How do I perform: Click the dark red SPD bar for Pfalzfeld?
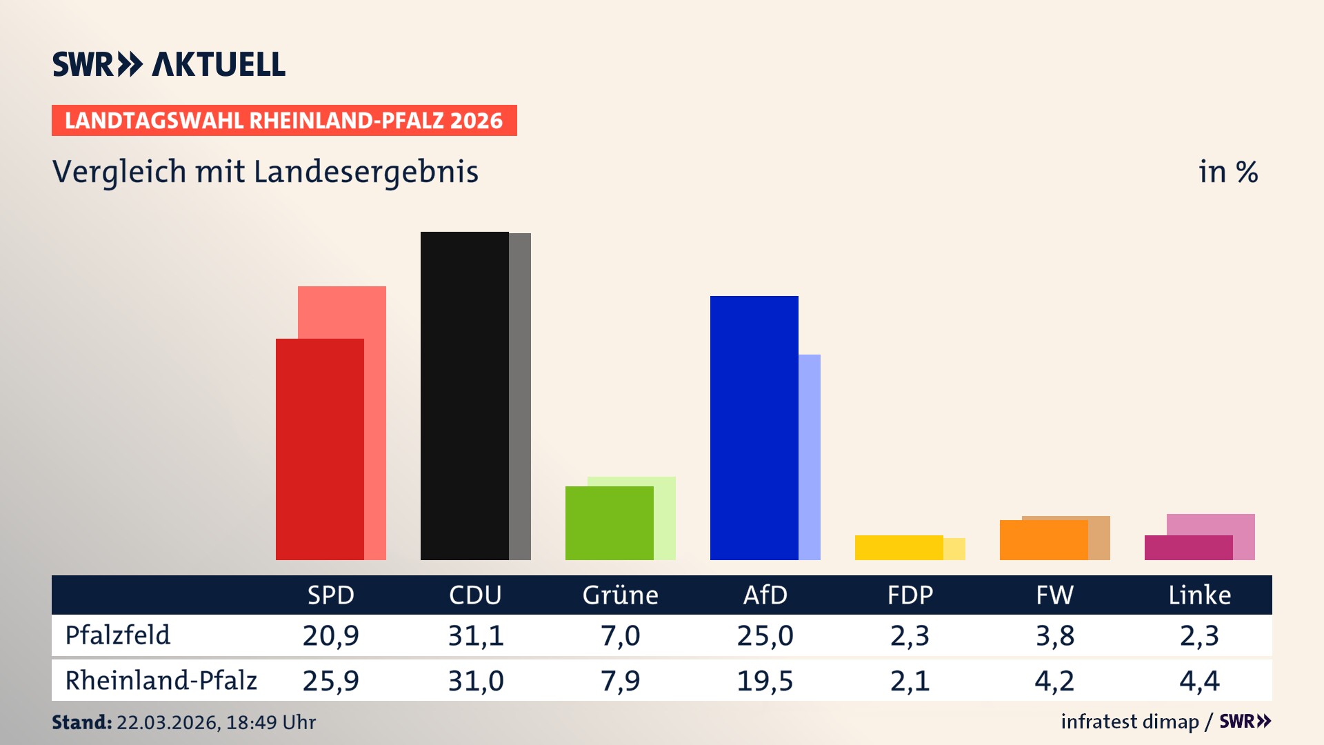click(x=319, y=448)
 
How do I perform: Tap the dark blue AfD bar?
click(x=754, y=428)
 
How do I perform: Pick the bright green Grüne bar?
click(x=609, y=523)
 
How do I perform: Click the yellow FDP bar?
click(x=899, y=548)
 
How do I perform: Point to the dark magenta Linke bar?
click(x=1188, y=548)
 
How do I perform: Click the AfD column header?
click(x=765, y=595)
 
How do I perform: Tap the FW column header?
click(x=1054, y=595)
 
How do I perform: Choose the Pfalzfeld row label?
click(x=117, y=635)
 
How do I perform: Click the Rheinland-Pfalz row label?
click(x=161, y=681)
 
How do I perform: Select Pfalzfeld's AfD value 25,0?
click(x=765, y=635)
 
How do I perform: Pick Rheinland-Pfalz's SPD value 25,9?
click(x=330, y=681)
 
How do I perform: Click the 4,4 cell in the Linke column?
click(x=1199, y=681)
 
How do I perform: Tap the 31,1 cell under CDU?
click(x=476, y=635)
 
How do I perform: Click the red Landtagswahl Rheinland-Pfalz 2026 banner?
click(x=284, y=121)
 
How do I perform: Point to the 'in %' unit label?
click(x=1227, y=172)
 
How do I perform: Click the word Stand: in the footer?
click(x=81, y=722)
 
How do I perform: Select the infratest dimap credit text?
click(x=1130, y=722)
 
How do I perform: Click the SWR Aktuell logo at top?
click(x=169, y=64)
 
